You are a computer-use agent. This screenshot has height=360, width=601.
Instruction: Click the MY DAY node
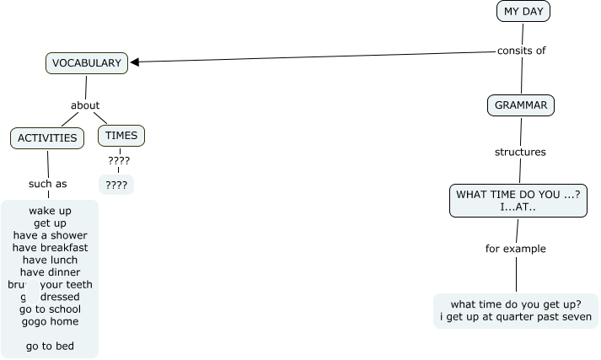[x=523, y=11]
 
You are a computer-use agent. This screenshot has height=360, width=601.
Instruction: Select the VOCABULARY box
[x=86, y=62]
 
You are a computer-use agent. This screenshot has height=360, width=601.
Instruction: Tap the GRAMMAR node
[x=521, y=105]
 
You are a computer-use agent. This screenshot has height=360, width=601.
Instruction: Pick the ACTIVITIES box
[x=47, y=137]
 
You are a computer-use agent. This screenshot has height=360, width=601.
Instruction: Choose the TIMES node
[x=121, y=135]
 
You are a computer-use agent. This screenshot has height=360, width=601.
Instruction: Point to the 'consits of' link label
[x=521, y=51]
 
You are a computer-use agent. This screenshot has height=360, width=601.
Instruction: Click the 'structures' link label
[x=520, y=153]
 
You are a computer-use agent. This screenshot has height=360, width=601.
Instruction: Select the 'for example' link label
[x=516, y=249]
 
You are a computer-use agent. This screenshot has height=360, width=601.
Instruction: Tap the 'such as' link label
[x=47, y=184]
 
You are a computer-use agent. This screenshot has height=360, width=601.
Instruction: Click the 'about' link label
[x=85, y=105]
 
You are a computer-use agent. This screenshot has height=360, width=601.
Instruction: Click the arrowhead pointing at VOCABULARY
[x=135, y=62]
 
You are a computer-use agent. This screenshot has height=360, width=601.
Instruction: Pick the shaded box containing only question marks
[x=116, y=184]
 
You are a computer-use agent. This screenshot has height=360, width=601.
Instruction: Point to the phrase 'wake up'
[x=50, y=210]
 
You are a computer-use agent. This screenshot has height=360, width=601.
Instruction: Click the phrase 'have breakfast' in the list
[x=50, y=247]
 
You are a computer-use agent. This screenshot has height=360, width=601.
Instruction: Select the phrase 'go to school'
[x=50, y=309]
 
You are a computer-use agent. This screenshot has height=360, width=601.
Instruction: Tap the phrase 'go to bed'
[x=50, y=346]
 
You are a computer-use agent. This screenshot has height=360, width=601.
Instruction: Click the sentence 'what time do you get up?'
[x=516, y=304]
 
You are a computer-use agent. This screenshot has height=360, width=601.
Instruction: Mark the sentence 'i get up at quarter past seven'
[x=516, y=318]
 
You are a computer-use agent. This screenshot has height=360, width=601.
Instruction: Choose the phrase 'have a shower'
[x=50, y=235]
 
